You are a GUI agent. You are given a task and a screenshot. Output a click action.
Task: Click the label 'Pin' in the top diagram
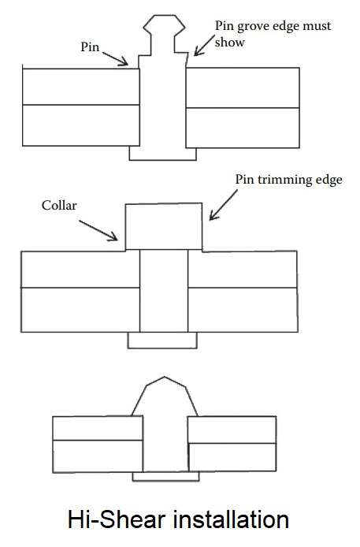click(x=90, y=47)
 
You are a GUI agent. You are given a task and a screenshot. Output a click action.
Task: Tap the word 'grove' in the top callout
click(x=251, y=27)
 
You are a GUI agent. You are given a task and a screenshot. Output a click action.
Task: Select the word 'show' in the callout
click(x=230, y=43)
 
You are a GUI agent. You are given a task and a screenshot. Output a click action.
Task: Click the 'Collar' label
click(x=59, y=205)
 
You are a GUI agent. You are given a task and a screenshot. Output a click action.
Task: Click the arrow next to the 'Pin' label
click(x=115, y=58)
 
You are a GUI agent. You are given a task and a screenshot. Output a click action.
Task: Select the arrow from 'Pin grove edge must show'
click(x=204, y=46)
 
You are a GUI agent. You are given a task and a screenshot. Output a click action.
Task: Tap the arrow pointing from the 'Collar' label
click(x=98, y=230)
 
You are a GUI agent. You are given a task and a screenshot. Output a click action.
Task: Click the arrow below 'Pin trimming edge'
click(x=224, y=205)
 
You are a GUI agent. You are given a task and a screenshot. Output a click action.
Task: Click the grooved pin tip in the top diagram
click(x=164, y=34)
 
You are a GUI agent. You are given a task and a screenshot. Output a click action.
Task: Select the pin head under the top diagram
click(x=163, y=154)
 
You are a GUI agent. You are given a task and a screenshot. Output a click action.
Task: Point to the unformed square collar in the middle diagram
click(x=164, y=226)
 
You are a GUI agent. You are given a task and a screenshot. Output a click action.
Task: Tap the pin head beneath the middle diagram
click(x=162, y=340)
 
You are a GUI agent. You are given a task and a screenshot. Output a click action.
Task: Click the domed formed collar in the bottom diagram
click(x=165, y=396)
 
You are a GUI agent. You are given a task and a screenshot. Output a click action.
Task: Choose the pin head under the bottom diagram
click(x=166, y=476)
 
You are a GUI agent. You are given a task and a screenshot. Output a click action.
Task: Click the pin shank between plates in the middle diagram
click(x=164, y=291)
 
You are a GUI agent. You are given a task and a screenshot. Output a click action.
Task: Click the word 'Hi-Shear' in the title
click(x=116, y=519)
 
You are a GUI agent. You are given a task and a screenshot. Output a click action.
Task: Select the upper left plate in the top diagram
click(x=81, y=87)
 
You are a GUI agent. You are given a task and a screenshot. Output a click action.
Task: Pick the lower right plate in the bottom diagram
click(x=232, y=457)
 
